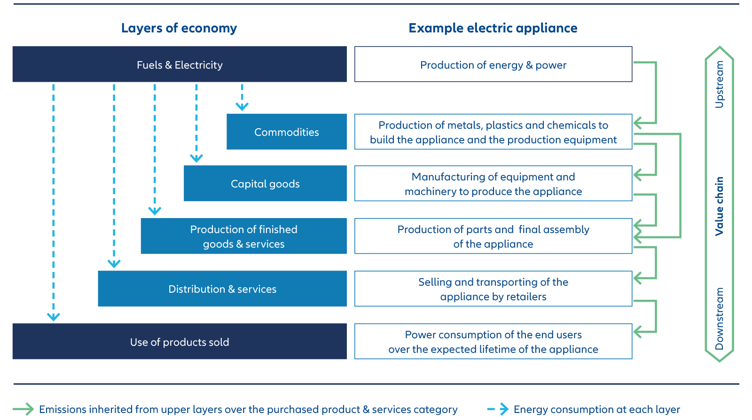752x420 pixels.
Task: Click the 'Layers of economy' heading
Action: coord(179,28)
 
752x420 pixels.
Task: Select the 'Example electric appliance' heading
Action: coord(493,28)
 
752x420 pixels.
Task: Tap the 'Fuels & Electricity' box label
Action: coord(180,65)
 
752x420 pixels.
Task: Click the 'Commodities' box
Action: coord(286,132)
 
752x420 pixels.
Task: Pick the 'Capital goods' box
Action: coord(265,184)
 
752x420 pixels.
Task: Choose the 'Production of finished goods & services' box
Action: coord(243,236)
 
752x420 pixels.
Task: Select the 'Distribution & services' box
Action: coord(222,289)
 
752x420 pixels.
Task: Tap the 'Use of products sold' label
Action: coord(180,342)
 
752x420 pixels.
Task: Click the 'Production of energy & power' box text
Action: coord(493,65)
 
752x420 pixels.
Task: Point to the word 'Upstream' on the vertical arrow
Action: coord(719,85)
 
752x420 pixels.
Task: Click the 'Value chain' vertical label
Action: coord(719,206)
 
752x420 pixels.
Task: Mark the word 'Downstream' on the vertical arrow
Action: coord(719,319)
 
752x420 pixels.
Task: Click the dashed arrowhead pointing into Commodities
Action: coord(242,107)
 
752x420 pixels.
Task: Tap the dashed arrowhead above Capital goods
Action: coord(196,158)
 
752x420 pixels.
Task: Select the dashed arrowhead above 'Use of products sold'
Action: coord(54,317)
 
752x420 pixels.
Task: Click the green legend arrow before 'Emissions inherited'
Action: coord(23,409)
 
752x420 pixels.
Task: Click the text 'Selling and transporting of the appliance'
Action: coord(493,289)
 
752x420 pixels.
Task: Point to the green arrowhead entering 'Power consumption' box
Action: coord(638,332)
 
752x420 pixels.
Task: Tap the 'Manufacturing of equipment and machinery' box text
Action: coord(493,184)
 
